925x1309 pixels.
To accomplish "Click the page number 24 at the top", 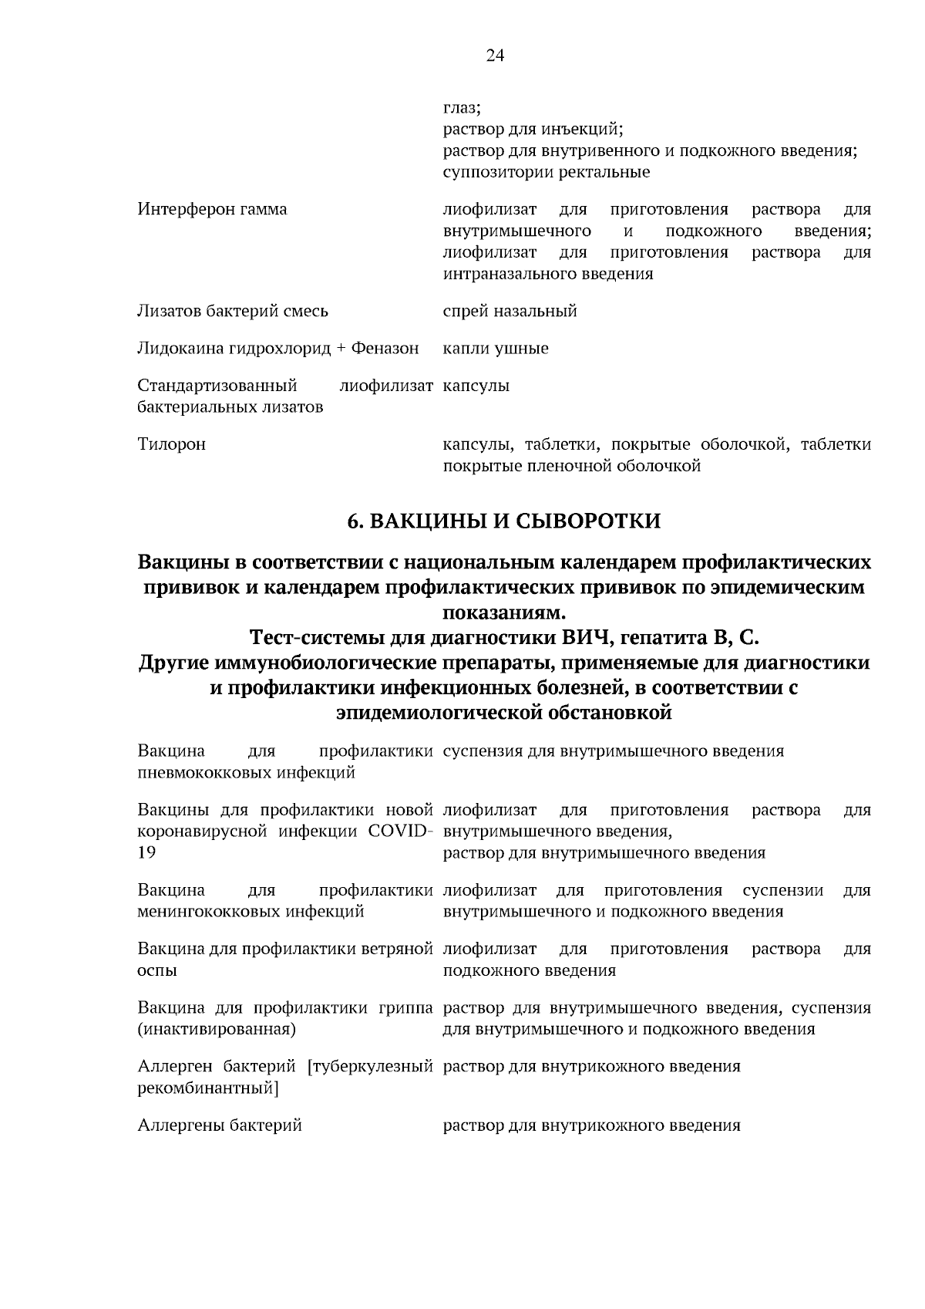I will (x=495, y=55).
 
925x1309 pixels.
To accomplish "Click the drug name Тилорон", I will (x=171, y=444).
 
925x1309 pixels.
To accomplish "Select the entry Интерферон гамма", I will (x=212, y=210).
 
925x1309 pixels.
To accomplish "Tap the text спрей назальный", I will (x=510, y=312).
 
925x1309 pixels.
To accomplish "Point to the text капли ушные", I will (x=496, y=349).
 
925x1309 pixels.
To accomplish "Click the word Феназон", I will (x=385, y=349).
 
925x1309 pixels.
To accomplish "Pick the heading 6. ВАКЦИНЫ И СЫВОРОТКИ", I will (x=504, y=522).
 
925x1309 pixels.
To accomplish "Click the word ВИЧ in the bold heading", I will (x=587, y=638).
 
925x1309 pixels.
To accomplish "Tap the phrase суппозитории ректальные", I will (x=546, y=173).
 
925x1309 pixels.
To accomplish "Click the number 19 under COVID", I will (x=146, y=853).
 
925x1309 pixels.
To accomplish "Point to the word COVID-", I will (x=399, y=832).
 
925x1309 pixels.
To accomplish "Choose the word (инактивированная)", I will (x=217, y=1030).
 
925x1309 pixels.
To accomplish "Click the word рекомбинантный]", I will (x=208, y=1088).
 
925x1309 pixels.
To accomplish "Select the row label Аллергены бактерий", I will (x=219, y=1125).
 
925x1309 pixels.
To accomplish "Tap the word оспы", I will (x=157, y=971).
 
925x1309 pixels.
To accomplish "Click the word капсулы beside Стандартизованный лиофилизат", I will (x=476, y=386).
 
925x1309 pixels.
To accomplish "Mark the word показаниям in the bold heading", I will (x=503, y=613).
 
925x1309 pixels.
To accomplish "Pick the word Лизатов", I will (x=168, y=312).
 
